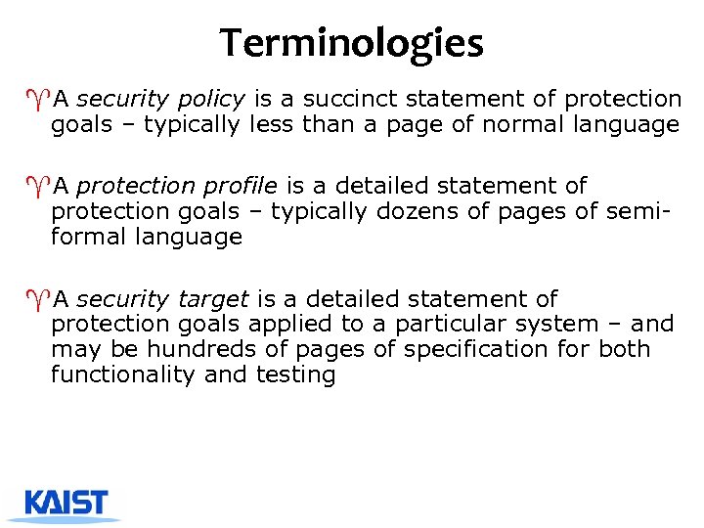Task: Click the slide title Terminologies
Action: click(351, 43)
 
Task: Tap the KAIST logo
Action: click(66, 504)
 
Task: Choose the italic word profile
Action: click(244, 186)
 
